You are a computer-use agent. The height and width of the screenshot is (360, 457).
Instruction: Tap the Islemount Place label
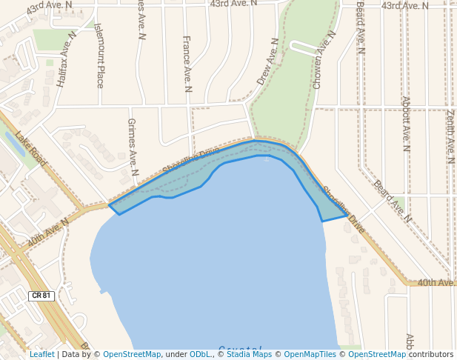click(x=100, y=56)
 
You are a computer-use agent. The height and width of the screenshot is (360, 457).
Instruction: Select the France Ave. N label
click(x=187, y=64)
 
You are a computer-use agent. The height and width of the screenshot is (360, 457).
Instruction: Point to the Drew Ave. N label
click(x=267, y=61)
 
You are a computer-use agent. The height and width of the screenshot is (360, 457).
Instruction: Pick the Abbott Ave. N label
click(x=405, y=123)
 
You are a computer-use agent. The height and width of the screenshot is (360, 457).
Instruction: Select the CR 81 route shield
click(x=41, y=296)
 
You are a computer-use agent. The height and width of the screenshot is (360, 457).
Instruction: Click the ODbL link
click(x=200, y=354)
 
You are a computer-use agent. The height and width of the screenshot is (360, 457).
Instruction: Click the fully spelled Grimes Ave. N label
click(x=133, y=147)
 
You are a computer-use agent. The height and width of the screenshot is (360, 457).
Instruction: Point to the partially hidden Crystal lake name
click(x=241, y=348)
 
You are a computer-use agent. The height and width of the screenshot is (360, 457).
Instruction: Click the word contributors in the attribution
click(x=431, y=354)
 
